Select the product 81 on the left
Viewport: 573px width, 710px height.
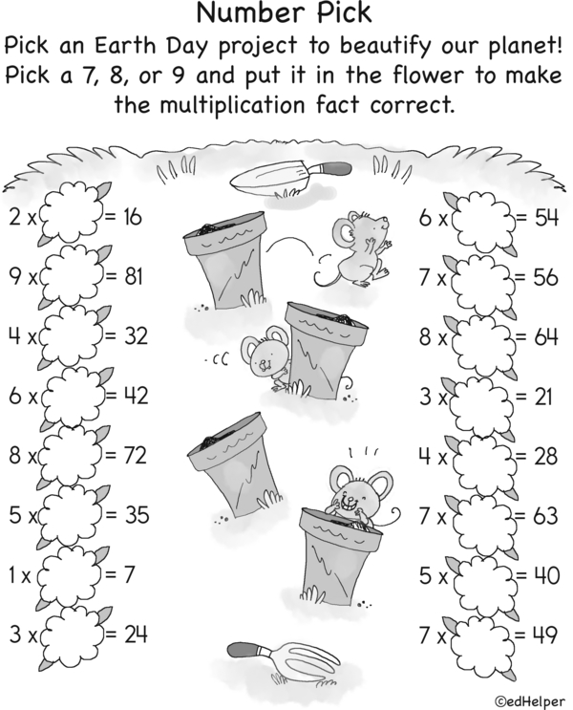[133, 276]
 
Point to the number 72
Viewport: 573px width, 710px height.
[135, 455]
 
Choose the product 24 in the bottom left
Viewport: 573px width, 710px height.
[136, 635]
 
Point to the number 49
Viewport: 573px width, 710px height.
[545, 635]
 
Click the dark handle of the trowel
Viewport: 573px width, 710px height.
[338, 168]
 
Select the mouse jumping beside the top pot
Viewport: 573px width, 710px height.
[354, 250]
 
